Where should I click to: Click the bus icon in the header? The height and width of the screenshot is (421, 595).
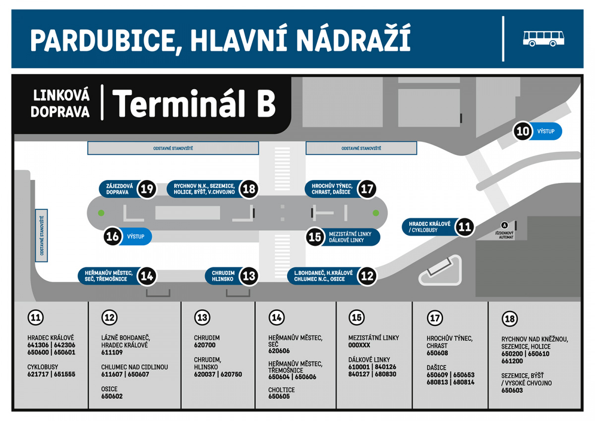click(543, 38)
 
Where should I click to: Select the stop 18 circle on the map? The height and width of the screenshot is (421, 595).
click(249, 189)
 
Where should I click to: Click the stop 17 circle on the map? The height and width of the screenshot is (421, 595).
click(367, 189)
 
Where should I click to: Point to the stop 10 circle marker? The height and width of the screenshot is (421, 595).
click(523, 131)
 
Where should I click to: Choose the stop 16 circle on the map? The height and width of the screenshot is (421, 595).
click(113, 236)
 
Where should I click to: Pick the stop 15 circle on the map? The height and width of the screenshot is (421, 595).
click(315, 237)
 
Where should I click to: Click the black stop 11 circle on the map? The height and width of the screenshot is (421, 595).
click(464, 227)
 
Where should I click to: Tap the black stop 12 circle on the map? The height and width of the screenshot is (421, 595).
click(367, 276)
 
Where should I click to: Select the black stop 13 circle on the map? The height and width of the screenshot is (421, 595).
click(249, 276)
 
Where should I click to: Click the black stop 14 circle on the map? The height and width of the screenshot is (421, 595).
click(147, 276)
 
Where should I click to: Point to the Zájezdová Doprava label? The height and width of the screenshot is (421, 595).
click(117, 189)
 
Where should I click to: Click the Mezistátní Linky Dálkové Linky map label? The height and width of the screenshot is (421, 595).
click(347, 237)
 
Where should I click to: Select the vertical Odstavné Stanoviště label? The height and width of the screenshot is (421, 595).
click(42, 235)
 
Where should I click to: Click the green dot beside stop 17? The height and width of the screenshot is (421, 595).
click(376, 213)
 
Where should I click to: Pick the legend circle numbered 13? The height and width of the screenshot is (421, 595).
click(202, 317)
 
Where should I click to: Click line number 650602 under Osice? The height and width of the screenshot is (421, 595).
click(112, 396)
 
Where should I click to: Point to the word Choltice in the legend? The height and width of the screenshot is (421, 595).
click(282, 390)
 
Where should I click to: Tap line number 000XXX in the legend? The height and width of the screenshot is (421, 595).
click(359, 345)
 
